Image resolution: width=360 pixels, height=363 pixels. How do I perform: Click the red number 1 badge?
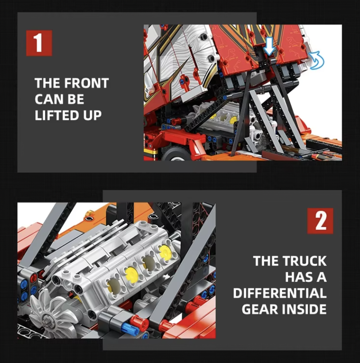coord(39,43)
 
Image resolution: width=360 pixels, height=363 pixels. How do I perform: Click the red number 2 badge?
coord(320,221)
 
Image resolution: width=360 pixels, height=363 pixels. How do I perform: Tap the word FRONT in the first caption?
coord(86,83)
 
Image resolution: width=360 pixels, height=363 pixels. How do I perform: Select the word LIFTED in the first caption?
coord(57,115)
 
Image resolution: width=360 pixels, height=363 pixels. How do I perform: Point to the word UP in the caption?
coord(92,115)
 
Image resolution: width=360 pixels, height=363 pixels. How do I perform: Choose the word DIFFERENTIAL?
coord(280,293)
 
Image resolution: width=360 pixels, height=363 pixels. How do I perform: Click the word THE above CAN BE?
coord(48,83)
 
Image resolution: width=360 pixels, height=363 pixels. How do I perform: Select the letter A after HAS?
coord(321,277)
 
